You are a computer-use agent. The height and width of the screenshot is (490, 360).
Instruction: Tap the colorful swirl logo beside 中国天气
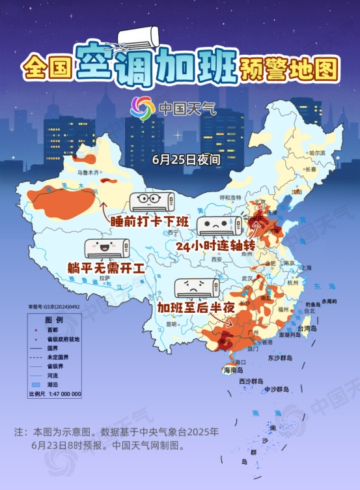click(143, 108)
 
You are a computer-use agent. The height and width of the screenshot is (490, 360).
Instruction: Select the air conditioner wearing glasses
click(152, 201)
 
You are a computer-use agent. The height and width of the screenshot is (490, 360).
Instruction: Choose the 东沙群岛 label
click(280, 358)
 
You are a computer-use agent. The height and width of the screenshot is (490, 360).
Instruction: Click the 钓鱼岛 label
click(312, 304)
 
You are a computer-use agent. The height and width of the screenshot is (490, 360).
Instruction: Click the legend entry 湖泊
click(53, 384)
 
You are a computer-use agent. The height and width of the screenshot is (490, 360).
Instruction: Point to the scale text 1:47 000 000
click(64, 394)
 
